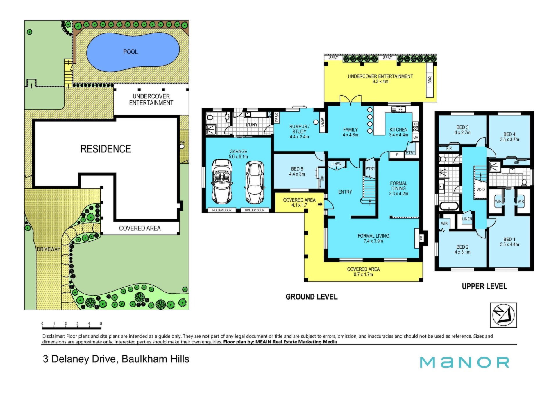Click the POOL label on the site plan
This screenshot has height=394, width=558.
(x=130, y=52)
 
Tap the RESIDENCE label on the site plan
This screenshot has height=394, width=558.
(x=106, y=149)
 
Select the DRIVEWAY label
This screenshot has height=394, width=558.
(x=49, y=249)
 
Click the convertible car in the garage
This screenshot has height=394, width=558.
(x=222, y=181)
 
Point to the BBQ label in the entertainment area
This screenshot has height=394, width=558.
(x=430, y=80)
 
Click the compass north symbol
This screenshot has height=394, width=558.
(x=503, y=315)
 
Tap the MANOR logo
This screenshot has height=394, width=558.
(x=464, y=362)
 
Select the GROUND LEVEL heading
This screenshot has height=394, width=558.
(x=312, y=297)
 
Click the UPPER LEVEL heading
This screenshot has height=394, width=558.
(x=484, y=286)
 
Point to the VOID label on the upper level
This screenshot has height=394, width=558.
(x=481, y=190)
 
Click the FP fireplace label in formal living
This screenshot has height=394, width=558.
(x=421, y=238)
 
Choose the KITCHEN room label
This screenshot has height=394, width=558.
(x=398, y=130)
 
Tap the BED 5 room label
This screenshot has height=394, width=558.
(x=297, y=169)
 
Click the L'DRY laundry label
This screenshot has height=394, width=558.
(x=252, y=125)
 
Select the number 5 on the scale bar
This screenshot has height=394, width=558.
(x=101, y=323)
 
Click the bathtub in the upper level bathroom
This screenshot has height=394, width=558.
(x=449, y=206)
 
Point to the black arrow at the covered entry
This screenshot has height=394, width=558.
(x=320, y=205)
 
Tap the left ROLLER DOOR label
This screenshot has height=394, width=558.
(x=222, y=210)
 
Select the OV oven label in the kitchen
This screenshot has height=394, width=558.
(x=416, y=138)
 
